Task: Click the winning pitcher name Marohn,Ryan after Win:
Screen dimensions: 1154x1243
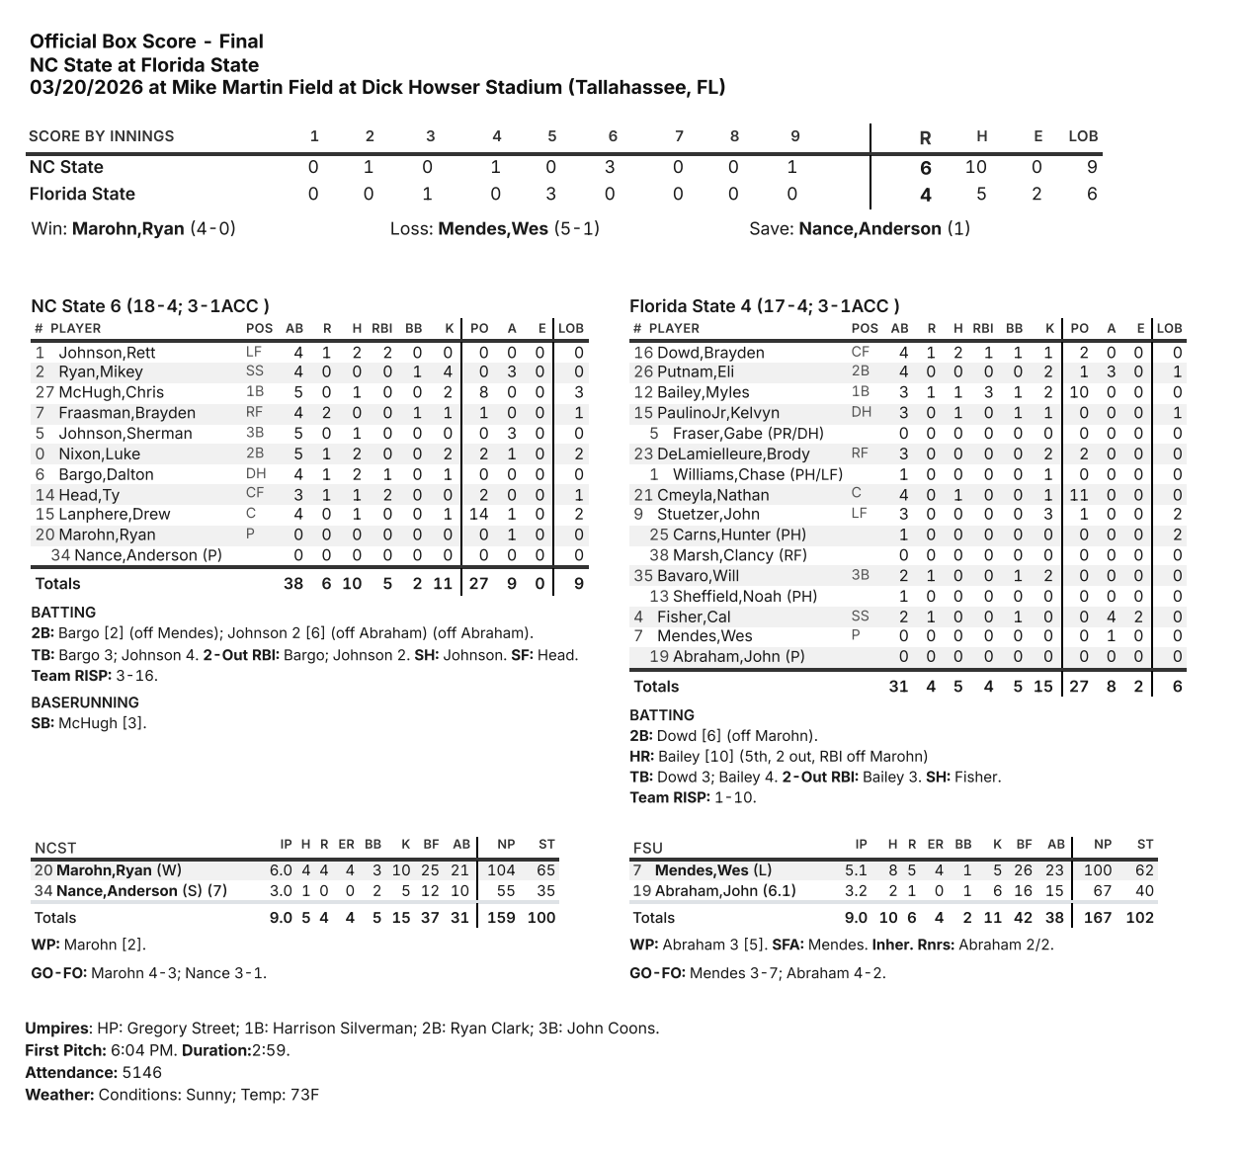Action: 128,229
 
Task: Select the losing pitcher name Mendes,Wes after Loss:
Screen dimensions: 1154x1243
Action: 492,229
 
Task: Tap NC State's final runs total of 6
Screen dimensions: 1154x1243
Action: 926,168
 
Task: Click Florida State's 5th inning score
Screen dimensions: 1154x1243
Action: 552,195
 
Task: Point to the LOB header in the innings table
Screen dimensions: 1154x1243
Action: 1083,136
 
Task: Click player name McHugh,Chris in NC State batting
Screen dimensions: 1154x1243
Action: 112,392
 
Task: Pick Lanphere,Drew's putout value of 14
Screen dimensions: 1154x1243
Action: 478,515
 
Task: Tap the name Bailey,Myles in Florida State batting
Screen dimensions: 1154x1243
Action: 704,392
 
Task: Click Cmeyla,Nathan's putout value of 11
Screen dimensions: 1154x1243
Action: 1079,495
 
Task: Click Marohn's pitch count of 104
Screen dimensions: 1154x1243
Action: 501,870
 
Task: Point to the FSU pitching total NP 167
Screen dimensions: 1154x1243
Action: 1097,918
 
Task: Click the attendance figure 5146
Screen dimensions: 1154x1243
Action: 142,1073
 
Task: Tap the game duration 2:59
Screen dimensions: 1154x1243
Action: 271,1050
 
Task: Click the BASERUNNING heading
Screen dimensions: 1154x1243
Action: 85,702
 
